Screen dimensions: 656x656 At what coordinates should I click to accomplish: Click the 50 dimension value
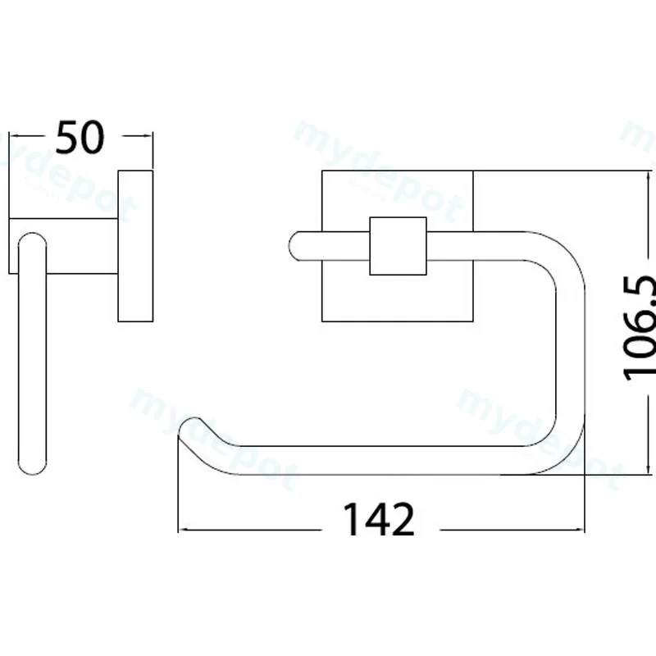pyautogui.click(x=80, y=137)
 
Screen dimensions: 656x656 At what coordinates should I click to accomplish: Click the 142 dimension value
pyautogui.click(x=379, y=519)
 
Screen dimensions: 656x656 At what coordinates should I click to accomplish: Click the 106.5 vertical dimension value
pyautogui.click(x=640, y=329)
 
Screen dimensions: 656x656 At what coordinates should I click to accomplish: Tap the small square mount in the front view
pyautogui.click(x=398, y=246)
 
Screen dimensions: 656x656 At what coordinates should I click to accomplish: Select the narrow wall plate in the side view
pyautogui.click(x=135, y=246)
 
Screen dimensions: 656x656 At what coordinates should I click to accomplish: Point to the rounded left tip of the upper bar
pyautogui.click(x=293, y=246)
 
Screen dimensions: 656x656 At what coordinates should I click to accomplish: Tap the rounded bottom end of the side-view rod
pyautogui.click(x=33, y=467)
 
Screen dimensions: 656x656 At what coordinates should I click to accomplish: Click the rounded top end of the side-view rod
pyautogui.click(x=33, y=240)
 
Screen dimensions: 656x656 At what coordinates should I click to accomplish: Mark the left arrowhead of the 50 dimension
pyautogui.click(x=12, y=135)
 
